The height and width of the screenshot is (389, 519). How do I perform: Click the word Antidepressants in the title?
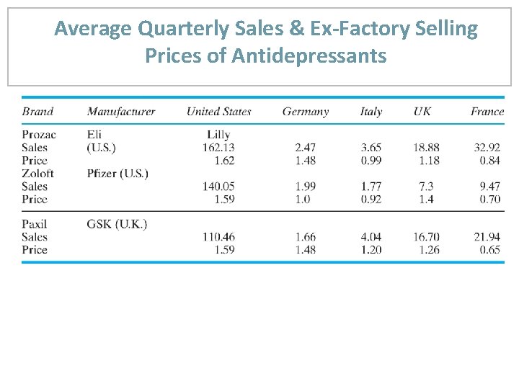pos(309,55)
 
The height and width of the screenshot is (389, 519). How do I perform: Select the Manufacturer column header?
pos(120,111)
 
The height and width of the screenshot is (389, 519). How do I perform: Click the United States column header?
pos(218,111)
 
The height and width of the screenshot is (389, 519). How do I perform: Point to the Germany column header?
pos(305,111)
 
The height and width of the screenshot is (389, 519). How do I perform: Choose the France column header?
pos(487,111)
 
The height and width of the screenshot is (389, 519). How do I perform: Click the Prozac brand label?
pos(38,134)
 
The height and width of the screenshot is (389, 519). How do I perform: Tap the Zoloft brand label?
pos(37,173)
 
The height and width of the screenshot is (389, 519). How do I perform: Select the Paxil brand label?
pos(35,224)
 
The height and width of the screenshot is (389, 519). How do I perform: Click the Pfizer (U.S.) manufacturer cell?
pos(117,173)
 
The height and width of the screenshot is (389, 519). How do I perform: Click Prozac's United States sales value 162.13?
pos(218,147)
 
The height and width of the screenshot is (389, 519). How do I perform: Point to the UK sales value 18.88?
pos(425,147)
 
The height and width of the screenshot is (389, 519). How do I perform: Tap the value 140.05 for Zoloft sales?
pos(218,186)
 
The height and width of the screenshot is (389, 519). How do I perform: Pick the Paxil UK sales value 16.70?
pos(425,237)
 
